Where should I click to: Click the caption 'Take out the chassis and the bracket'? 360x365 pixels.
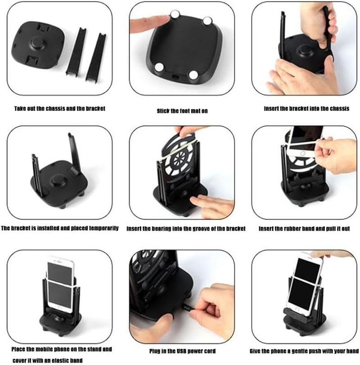pyautogui.click(x=60, y=109)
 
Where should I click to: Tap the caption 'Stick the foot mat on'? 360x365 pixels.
pyautogui.click(x=182, y=111)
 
